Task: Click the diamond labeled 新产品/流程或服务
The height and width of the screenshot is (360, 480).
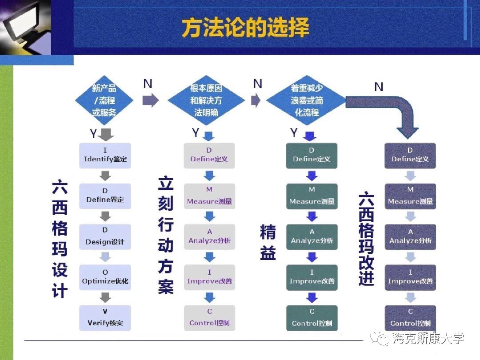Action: click(x=104, y=100)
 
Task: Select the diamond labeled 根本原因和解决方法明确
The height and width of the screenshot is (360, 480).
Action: click(x=206, y=100)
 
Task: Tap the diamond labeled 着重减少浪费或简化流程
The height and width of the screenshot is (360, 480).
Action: click(x=307, y=100)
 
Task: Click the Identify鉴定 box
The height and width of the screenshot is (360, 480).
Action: click(x=105, y=155)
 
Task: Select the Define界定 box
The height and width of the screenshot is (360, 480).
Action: click(x=105, y=196)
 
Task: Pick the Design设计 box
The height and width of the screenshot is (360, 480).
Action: click(x=105, y=237)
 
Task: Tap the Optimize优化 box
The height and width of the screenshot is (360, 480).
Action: click(x=105, y=277)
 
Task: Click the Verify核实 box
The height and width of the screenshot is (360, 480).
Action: click(x=105, y=318)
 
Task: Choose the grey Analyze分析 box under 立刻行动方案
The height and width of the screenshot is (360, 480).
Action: click(x=209, y=237)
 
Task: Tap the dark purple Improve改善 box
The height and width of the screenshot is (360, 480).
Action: click(x=410, y=277)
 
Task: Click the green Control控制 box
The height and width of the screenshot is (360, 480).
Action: click(x=312, y=318)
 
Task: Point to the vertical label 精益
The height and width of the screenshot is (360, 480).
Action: click(x=268, y=242)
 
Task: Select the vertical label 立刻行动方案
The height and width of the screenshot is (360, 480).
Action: click(x=166, y=235)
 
